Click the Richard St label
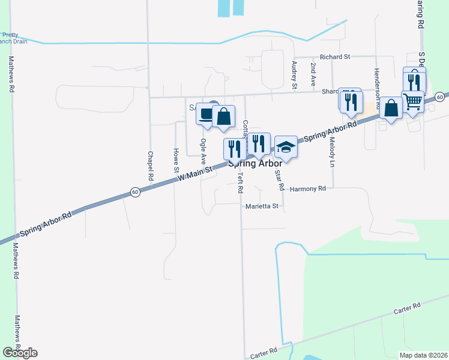335,57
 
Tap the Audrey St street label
294,75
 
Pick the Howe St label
176,161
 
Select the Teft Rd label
240,182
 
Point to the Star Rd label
279,180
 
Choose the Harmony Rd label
307,188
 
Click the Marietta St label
262,206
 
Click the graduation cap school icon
286,147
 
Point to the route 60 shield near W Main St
134,192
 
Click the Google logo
20,352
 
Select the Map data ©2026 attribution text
423,355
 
